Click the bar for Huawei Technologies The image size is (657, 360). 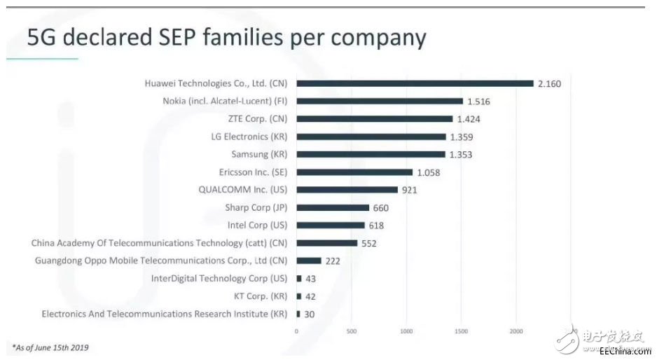click(415, 83)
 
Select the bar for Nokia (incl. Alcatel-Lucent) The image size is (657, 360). click(380, 101)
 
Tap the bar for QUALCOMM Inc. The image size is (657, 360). click(347, 190)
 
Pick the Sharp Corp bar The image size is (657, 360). click(333, 207)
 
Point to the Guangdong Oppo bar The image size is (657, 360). click(309, 261)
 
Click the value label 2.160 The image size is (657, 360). click(549, 84)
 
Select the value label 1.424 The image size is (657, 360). click(468, 119)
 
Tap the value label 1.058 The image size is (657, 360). click(428, 172)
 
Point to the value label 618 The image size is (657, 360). click(376, 226)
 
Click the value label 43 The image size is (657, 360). click(310, 279)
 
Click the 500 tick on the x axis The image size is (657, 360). click(351, 330)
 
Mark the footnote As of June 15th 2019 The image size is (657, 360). click(50, 347)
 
